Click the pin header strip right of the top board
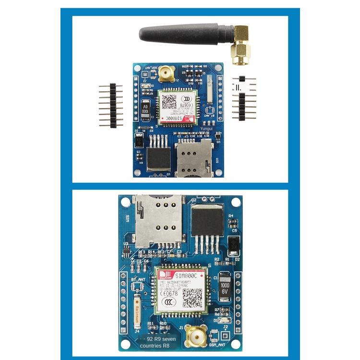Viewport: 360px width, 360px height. click(x=244, y=98)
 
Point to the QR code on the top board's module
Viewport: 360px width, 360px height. click(x=168, y=102)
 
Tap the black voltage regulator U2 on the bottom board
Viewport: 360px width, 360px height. click(x=207, y=221)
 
